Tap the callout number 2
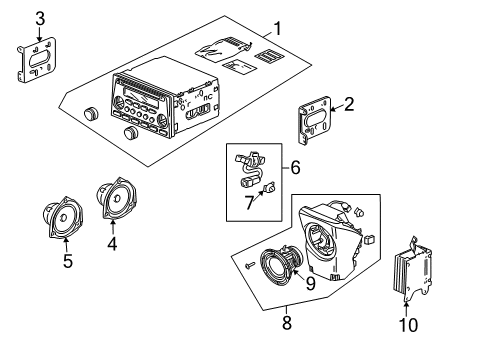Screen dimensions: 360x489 click(350, 104)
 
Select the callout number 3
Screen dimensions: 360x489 click(39, 18)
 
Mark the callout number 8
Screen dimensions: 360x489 click(288, 322)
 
